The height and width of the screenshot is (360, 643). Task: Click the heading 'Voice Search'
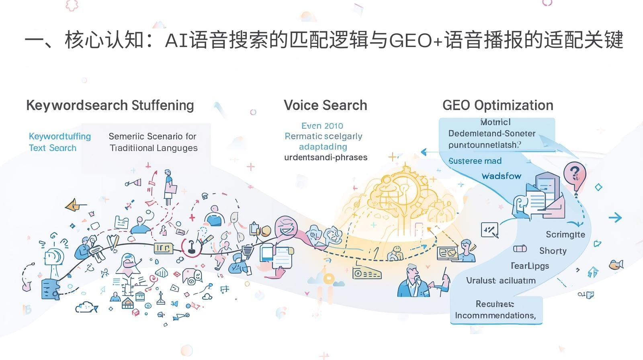pos(325,105)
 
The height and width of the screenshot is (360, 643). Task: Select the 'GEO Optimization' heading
pos(498,105)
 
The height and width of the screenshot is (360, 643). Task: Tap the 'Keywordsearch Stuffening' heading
pos(110,105)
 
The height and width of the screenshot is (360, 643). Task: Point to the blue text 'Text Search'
pos(53,148)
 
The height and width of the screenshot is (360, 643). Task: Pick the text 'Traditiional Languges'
pos(154,148)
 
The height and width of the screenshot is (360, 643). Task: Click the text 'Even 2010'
pos(322,126)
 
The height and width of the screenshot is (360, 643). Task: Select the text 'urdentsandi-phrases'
pos(326,157)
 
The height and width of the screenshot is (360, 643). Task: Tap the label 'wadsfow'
pos(501,176)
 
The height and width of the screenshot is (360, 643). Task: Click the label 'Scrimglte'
pos(565,235)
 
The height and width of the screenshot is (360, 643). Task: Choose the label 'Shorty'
pos(553,251)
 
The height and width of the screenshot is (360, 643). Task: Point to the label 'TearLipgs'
pos(530,266)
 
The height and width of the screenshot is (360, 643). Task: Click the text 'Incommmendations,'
pos(495,315)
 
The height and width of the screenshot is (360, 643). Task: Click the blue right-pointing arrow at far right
pos(615,218)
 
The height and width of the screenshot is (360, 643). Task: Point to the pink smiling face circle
pos(286,228)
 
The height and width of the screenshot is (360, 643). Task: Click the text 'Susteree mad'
pos(475,161)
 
